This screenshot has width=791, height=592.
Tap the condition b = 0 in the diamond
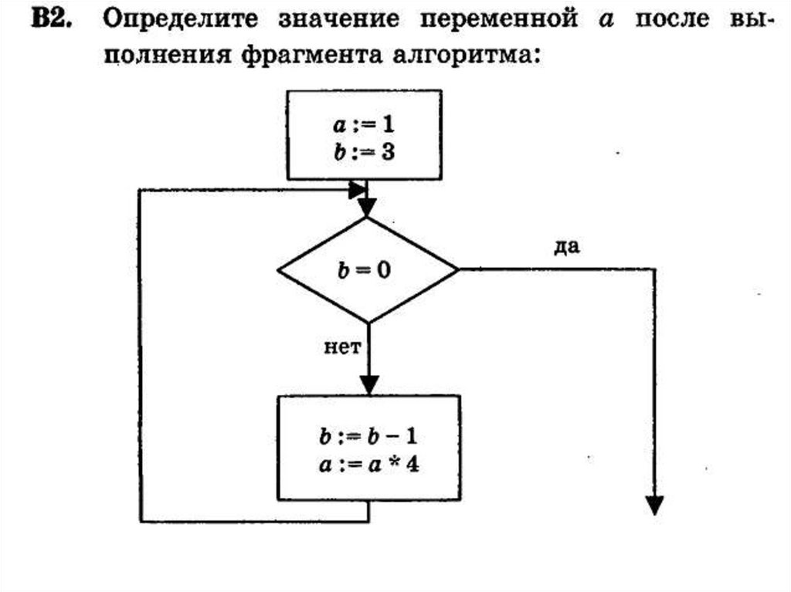point(367,270)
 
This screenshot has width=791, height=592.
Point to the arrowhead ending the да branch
point(654,504)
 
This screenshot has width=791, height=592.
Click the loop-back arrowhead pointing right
point(358,188)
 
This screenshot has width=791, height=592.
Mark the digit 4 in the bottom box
point(412,465)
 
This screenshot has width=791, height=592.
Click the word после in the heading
point(671,19)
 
